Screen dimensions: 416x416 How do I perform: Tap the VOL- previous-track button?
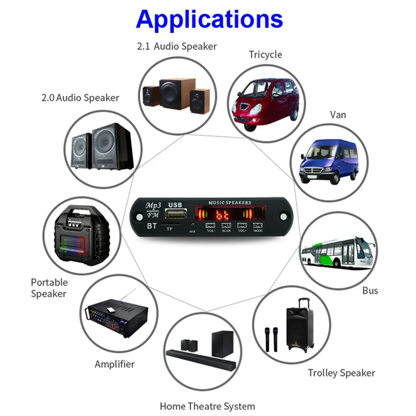(210, 226)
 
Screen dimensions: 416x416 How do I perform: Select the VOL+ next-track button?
(242, 226)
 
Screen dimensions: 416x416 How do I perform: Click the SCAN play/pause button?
(226, 226)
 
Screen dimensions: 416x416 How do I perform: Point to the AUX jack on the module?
(192, 225)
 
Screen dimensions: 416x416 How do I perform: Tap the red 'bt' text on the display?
(223, 215)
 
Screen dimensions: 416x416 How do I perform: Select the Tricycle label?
(265, 55)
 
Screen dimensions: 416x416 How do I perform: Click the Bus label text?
(370, 290)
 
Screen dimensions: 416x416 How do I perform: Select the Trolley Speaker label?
(341, 373)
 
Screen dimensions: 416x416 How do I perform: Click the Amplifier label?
(115, 364)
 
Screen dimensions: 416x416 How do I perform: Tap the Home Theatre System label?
(207, 407)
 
